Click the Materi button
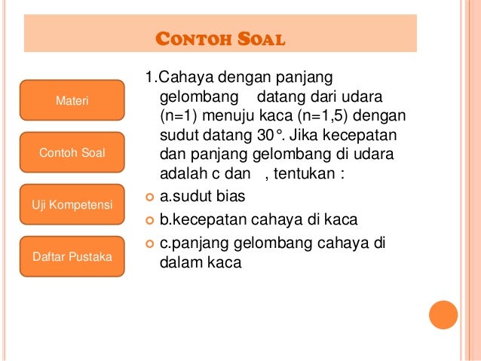tap(72, 100)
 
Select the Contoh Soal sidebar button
tap(72, 153)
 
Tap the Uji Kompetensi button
tap(72, 205)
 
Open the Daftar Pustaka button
tap(72, 257)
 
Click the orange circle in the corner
tap(443, 315)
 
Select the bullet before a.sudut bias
tap(149, 197)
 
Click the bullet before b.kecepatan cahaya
tap(149, 220)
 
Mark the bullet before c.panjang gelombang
tap(149, 243)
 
